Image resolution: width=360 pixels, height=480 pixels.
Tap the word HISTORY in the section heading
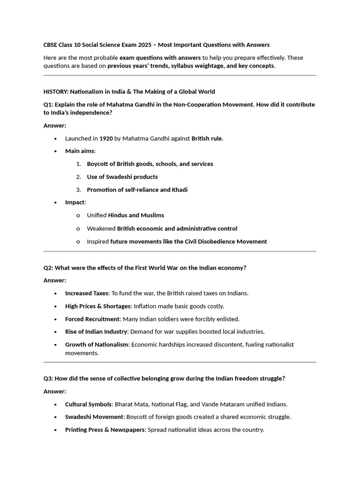55,91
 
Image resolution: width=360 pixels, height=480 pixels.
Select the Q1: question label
48,105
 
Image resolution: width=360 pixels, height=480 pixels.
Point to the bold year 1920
106,138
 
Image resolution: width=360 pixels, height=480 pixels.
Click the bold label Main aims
80,151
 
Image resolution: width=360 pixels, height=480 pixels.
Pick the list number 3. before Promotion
79,190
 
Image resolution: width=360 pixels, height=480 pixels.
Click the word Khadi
180,190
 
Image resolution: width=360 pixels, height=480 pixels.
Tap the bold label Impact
75,202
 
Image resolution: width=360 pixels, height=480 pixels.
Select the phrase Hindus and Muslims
136,215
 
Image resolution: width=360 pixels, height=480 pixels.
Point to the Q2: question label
48,268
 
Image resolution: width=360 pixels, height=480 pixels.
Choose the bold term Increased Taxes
87,293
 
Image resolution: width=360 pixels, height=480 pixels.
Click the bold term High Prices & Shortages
98,306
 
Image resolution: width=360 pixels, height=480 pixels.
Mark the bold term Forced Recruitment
92,319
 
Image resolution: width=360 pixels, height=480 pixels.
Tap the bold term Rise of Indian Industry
96,331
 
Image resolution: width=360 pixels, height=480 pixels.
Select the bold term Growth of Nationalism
97,345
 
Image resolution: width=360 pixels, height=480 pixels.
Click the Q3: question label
48,378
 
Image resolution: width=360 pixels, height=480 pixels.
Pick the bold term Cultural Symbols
89,404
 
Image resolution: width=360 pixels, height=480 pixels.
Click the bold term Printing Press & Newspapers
105,429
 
